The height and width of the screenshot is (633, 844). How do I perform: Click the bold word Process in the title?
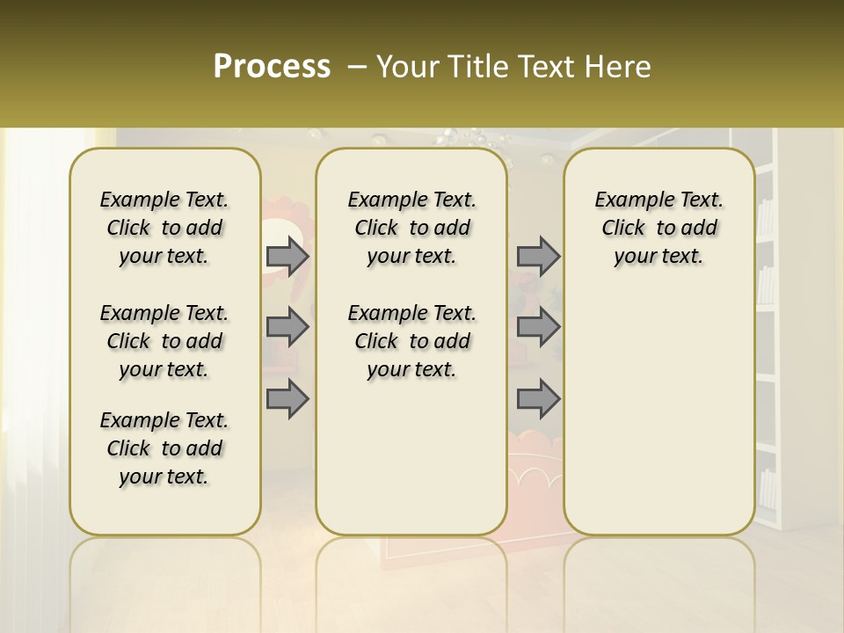tap(272, 67)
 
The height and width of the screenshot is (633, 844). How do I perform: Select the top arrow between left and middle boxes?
tap(287, 256)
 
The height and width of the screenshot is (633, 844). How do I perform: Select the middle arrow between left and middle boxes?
tap(287, 327)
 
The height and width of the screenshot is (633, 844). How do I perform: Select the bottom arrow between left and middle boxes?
tap(287, 398)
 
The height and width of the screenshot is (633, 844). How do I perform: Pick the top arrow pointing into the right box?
tap(538, 256)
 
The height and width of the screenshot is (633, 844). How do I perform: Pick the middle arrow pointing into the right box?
tap(538, 327)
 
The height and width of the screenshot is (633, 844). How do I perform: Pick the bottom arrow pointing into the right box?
tap(538, 398)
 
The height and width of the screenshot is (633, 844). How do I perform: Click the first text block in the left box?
tap(164, 228)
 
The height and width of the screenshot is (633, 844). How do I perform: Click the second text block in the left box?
tap(164, 341)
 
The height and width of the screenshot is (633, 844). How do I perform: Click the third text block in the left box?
tap(164, 448)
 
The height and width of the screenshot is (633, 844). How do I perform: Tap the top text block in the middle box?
tap(411, 228)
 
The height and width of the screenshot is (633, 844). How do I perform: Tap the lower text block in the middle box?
tap(411, 341)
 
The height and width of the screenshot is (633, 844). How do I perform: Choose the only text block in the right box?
tap(658, 228)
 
